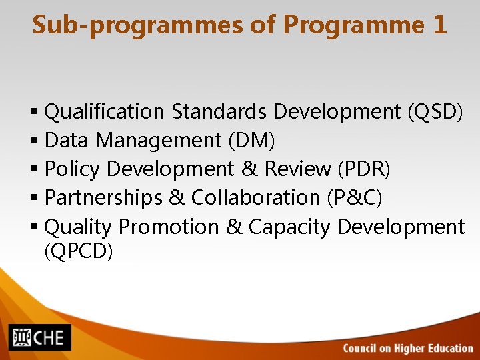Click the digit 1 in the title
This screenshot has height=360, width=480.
439,25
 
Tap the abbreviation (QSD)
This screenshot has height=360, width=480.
435,111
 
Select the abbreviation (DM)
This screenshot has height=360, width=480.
251,141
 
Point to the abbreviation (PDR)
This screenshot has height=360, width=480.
364,169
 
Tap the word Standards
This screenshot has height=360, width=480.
219,111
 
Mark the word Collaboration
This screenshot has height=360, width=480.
255,198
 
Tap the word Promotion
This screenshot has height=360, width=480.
168,227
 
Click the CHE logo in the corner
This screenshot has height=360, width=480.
40,337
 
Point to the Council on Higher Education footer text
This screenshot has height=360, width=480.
407,348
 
